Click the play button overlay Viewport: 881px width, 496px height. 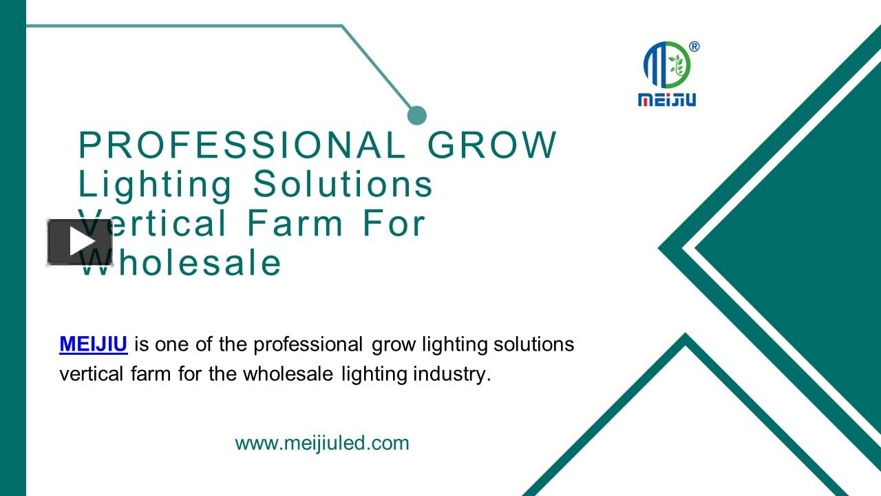(x=80, y=242)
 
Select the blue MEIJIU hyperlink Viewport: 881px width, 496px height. (x=94, y=344)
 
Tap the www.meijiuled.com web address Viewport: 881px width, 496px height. (x=322, y=443)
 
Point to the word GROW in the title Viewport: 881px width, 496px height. (x=492, y=145)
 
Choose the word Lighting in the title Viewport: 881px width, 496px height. (x=156, y=185)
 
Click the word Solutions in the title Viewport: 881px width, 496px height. (x=343, y=185)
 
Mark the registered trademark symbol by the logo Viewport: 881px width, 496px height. (x=694, y=47)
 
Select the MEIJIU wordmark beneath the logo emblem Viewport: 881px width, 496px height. (x=667, y=100)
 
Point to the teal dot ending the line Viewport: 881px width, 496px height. (x=417, y=115)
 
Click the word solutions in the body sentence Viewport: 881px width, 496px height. (x=534, y=344)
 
